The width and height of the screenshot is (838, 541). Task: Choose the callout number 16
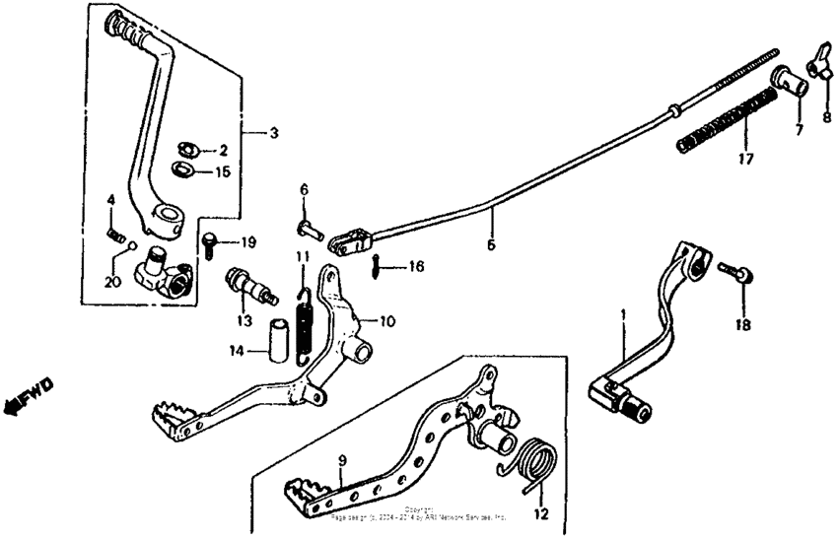416,266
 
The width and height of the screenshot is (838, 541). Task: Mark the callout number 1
622,314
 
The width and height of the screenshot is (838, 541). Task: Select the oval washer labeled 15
182,169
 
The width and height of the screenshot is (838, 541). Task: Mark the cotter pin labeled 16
379,264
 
